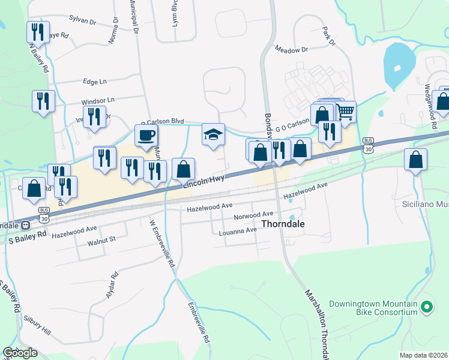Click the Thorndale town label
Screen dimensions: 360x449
283,224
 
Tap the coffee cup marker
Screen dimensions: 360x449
146,135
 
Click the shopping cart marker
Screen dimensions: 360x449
345,111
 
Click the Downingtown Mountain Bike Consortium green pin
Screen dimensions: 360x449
427,308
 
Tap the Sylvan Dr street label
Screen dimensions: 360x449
82,20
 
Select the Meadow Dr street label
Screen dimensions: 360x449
291,50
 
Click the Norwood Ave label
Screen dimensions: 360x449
253,214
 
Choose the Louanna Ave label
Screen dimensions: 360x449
238,231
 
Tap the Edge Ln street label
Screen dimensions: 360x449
94,81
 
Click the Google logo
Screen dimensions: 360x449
20,353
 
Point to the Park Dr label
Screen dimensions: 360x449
328,36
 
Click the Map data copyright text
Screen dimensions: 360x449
423,355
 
